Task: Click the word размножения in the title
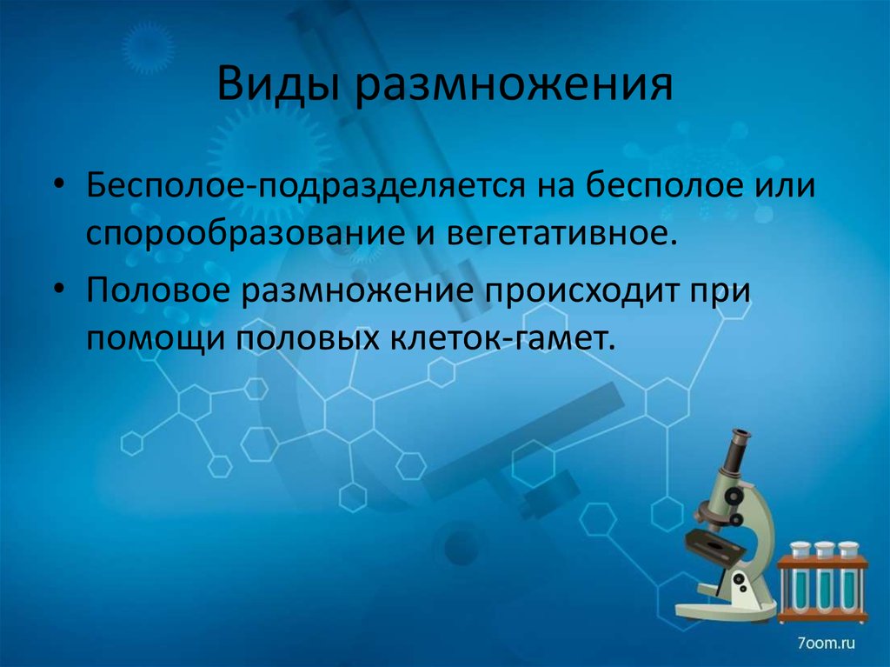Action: point(512,87)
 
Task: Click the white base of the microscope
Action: point(726,610)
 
